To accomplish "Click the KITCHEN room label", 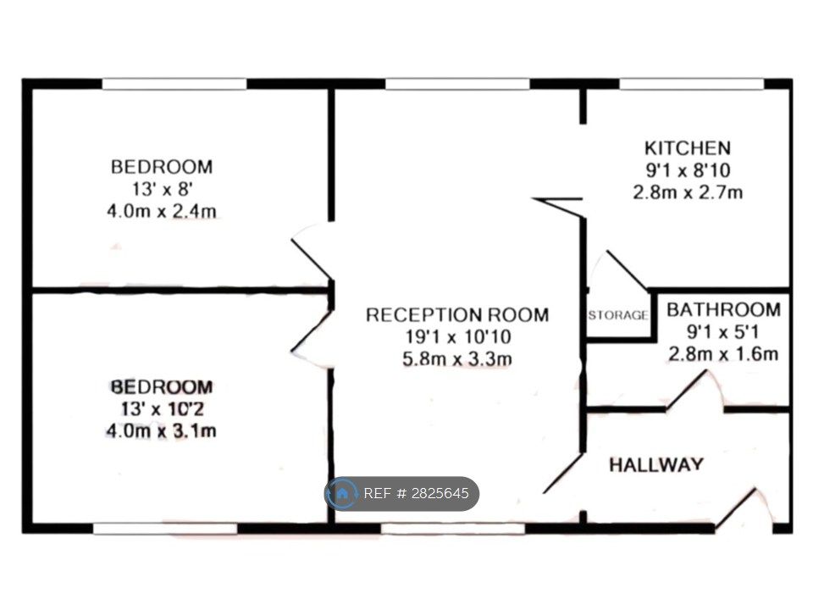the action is point(688,148).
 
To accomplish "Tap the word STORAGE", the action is point(618,315).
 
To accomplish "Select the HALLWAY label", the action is point(656,464).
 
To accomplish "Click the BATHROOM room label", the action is point(723,310).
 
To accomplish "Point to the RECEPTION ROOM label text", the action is point(457,315).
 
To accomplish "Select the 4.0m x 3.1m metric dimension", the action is point(161,431).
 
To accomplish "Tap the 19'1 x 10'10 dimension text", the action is point(458,336).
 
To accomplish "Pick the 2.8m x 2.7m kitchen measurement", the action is point(688,192).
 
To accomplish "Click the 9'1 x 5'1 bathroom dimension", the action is point(723,331).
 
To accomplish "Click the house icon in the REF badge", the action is point(342,493).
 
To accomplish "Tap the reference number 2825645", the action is point(440,493).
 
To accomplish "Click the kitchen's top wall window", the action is point(692,84).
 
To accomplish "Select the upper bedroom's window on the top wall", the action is point(174,84).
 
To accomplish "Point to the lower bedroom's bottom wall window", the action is point(165,528).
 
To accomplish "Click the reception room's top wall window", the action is point(458,84).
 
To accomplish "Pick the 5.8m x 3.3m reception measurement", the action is point(457,359).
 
